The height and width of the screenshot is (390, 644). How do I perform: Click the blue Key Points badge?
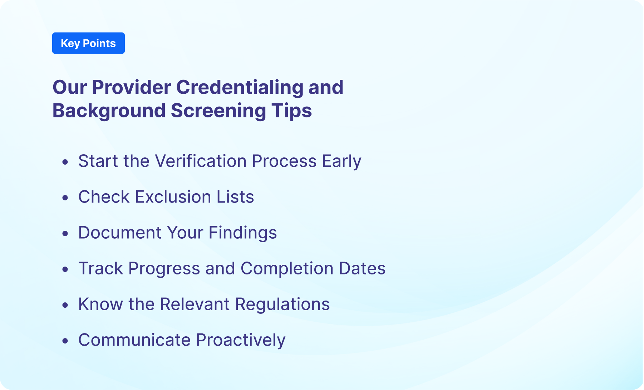(x=88, y=43)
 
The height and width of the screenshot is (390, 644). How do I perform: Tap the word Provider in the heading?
(x=131, y=87)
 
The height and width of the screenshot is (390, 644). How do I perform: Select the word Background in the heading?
(x=109, y=111)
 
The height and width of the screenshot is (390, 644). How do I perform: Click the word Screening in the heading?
(x=218, y=111)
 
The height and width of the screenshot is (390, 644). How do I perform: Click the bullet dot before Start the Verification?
(x=65, y=162)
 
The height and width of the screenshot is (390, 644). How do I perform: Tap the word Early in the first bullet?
(x=341, y=161)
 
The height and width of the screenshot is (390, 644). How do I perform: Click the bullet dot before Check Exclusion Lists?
(x=65, y=198)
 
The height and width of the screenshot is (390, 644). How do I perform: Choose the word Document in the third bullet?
(x=120, y=233)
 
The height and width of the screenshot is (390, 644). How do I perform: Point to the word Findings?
(x=242, y=233)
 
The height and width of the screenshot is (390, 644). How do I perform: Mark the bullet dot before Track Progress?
(x=65, y=269)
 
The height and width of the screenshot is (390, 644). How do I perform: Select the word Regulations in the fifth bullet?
(x=282, y=304)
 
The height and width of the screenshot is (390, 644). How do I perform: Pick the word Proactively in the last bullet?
(x=241, y=340)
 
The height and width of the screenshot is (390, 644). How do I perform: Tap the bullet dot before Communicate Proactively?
(x=65, y=341)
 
